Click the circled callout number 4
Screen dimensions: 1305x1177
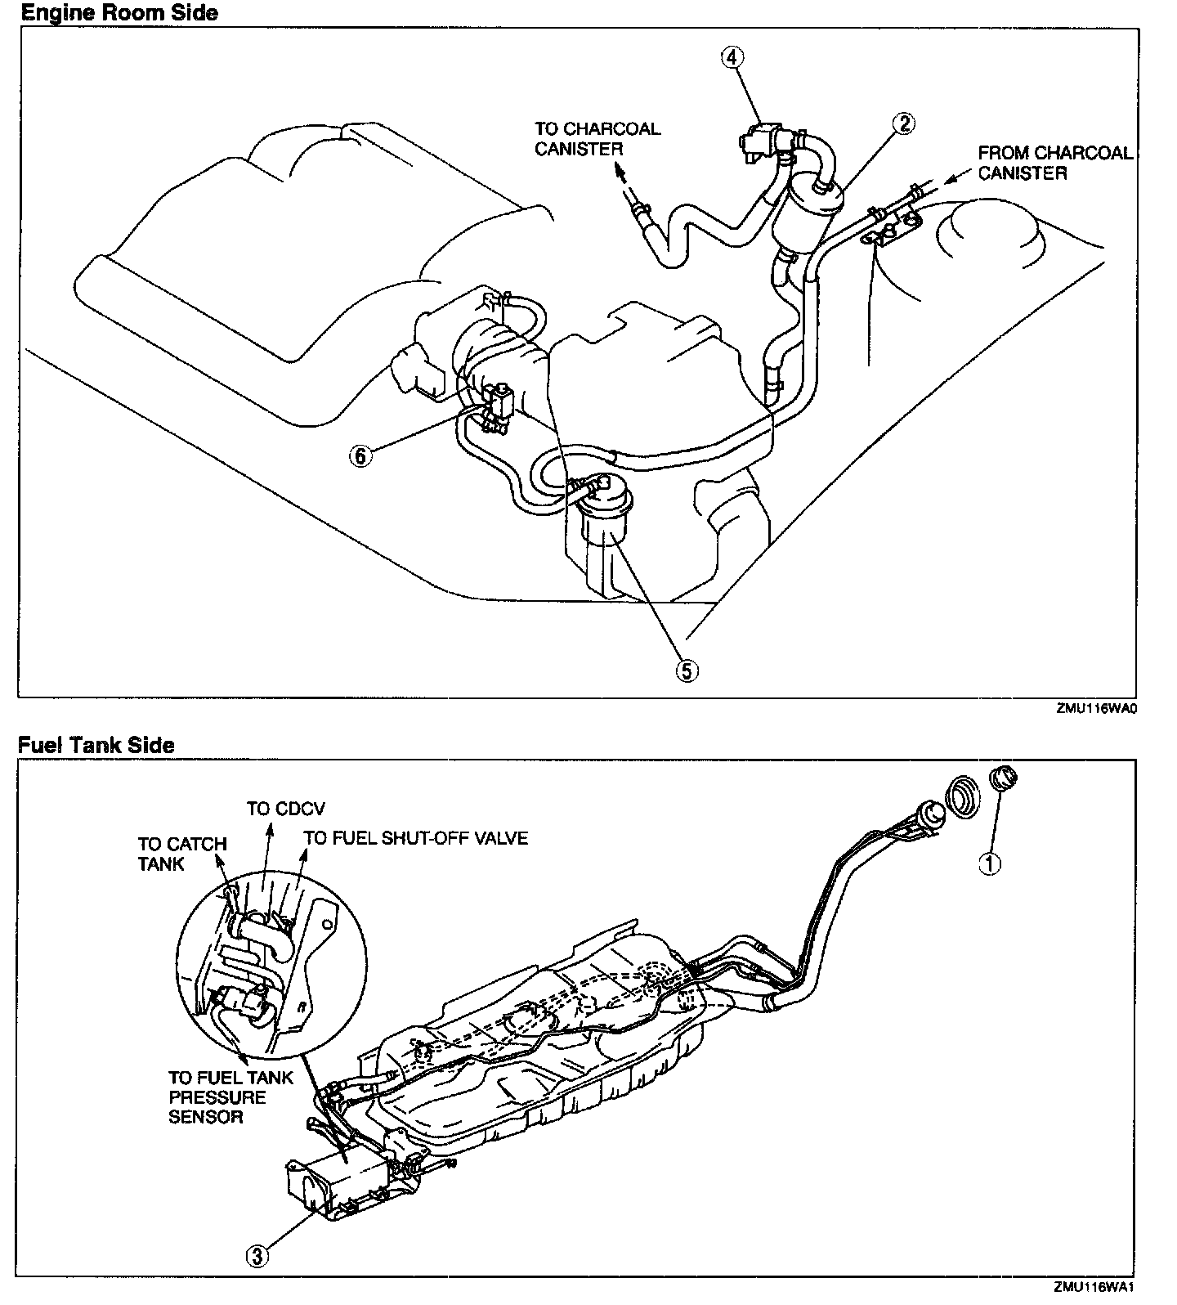coord(732,56)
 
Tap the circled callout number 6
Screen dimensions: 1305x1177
coord(360,455)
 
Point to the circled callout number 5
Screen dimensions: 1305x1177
coord(687,670)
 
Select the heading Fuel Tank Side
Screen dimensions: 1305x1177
coord(96,745)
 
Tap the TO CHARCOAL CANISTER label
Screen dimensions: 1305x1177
coord(597,138)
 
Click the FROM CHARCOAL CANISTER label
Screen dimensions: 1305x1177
coord(1054,162)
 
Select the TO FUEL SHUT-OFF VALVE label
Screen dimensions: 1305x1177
coord(416,838)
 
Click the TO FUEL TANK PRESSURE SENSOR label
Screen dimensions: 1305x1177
coord(230,1097)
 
